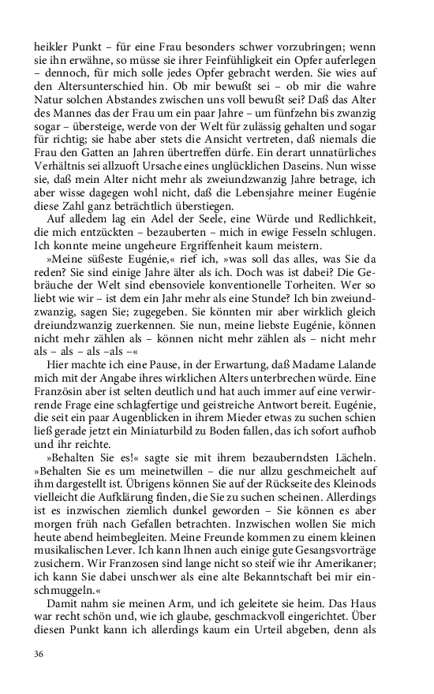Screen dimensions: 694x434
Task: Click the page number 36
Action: [x=39, y=654]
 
